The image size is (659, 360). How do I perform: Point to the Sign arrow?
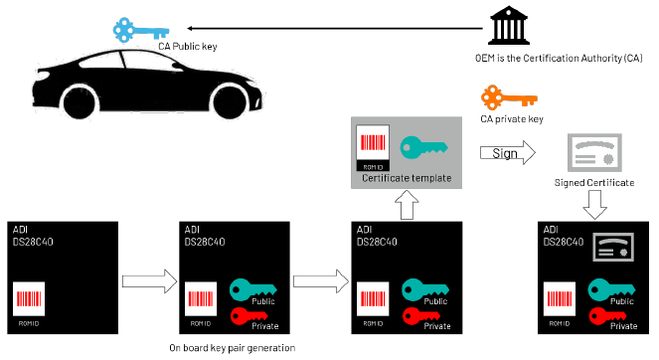tap(506, 153)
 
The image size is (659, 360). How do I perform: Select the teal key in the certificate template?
tap(422, 147)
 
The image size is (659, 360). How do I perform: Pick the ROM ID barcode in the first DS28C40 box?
tap(29, 299)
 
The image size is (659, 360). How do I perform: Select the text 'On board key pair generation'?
tap(232, 347)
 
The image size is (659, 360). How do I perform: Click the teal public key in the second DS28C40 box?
tap(251, 289)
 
